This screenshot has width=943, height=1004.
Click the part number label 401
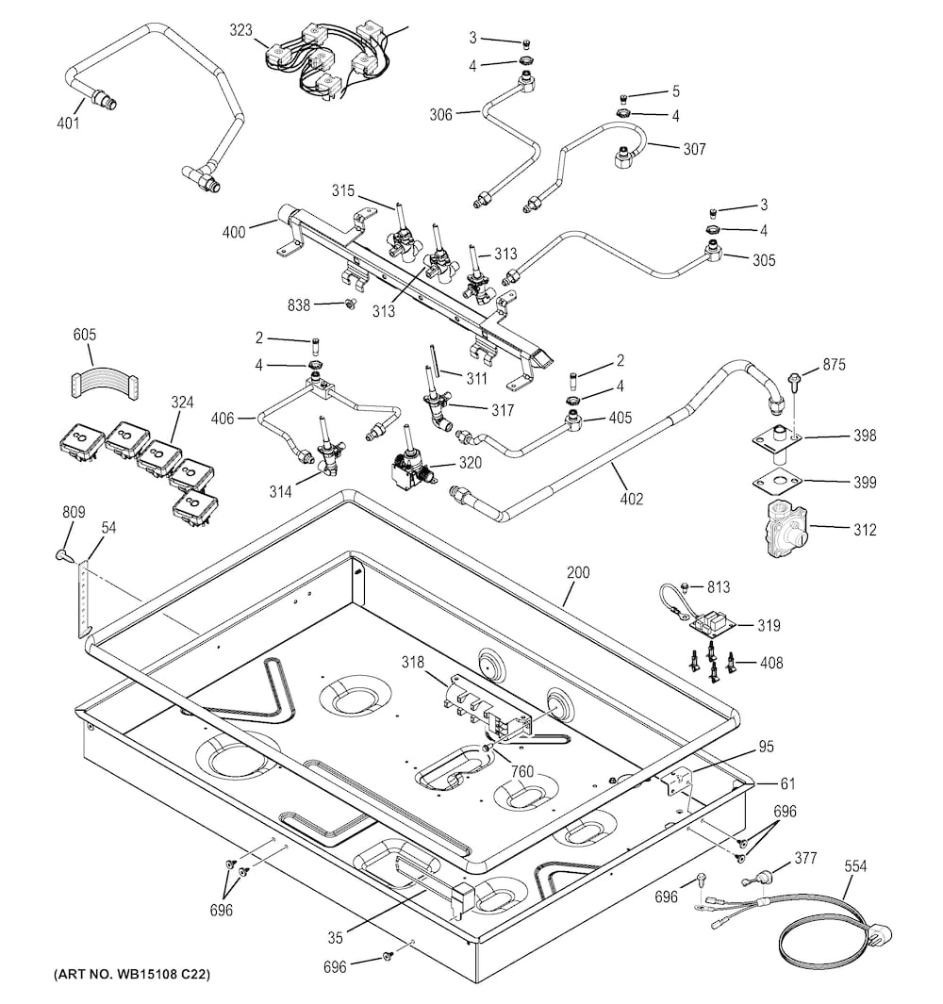pos(67,123)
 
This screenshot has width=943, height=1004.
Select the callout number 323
pos(240,30)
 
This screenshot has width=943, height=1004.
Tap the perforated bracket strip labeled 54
pos(86,598)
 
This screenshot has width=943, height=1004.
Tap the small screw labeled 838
pos(349,304)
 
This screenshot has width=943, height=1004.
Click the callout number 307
pos(693,148)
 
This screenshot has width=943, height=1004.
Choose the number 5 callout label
pos(675,91)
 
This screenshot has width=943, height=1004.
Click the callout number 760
pos(522,772)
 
